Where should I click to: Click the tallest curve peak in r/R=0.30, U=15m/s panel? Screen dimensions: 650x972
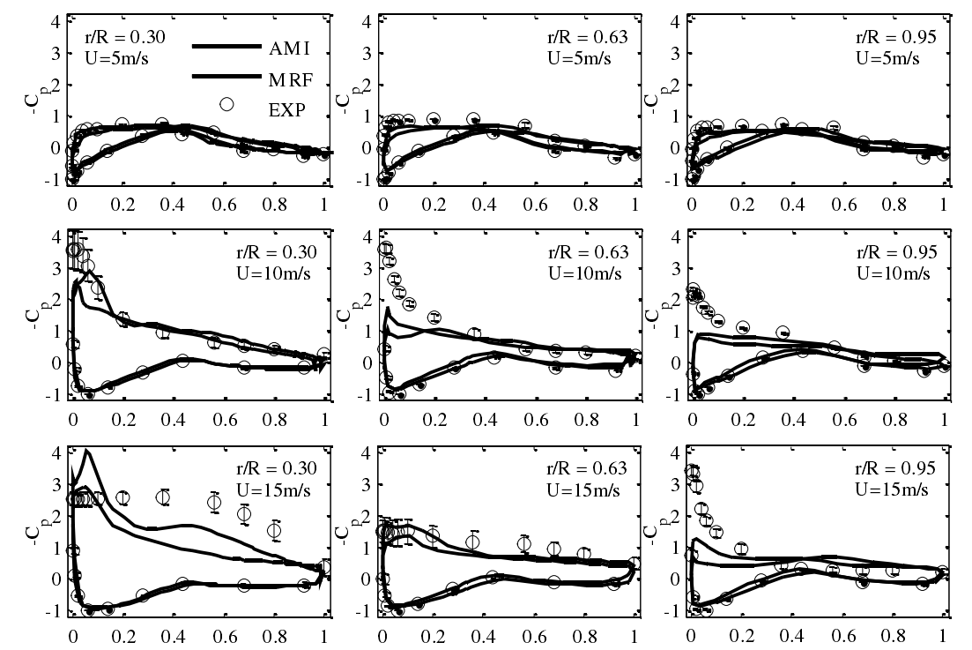86,452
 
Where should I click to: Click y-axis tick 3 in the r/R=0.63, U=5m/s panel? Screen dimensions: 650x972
367,52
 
